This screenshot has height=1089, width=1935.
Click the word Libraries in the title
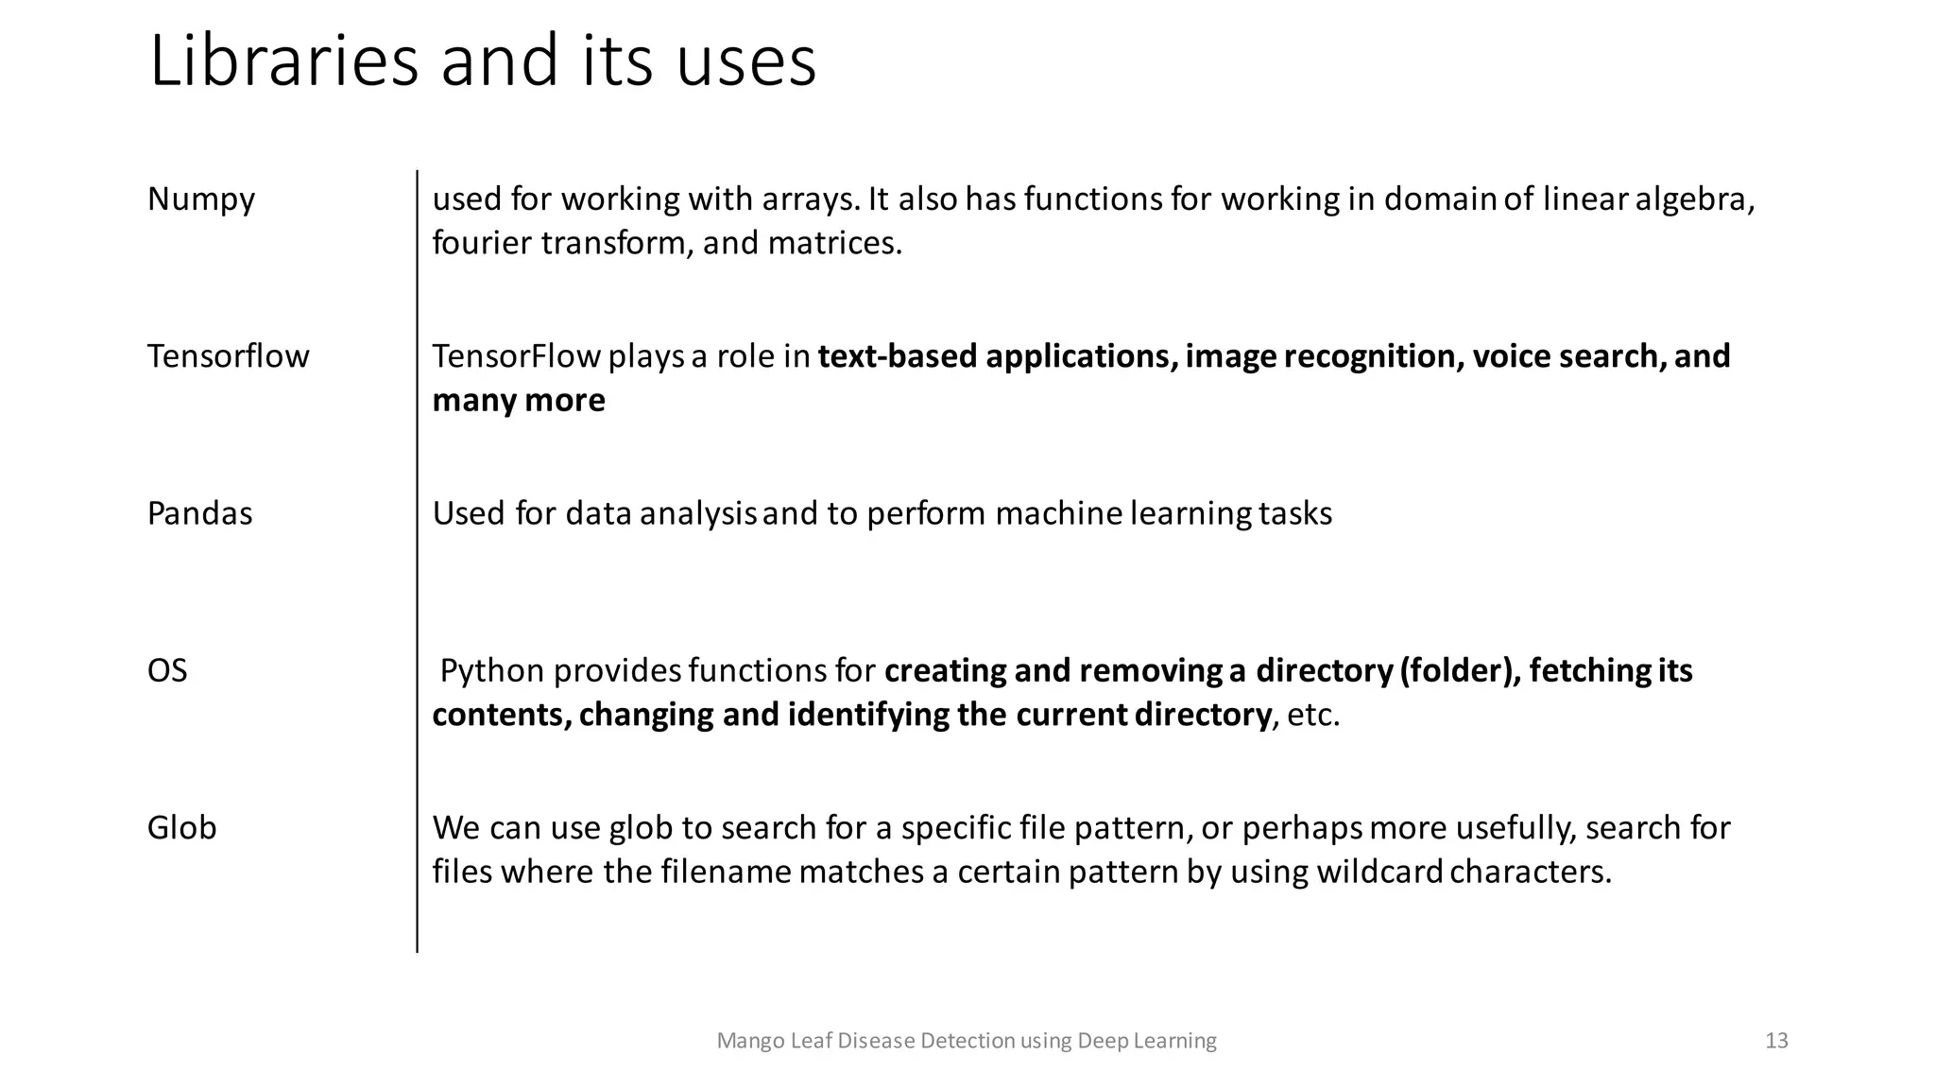click(x=283, y=61)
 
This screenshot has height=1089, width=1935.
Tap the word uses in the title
click(x=745, y=61)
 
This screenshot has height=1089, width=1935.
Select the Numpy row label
click(x=201, y=199)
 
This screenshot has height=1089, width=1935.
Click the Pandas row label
click(x=199, y=513)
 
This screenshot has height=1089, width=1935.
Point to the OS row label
click(x=167, y=670)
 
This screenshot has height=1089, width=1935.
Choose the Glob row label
click(x=181, y=827)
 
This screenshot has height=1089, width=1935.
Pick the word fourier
click(x=482, y=243)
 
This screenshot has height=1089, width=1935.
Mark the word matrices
click(x=834, y=243)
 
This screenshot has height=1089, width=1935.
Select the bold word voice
click(x=1512, y=356)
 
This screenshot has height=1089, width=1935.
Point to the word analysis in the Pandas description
click(x=698, y=513)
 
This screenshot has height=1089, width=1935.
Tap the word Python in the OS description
click(x=492, y=670)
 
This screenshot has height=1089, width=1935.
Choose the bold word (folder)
click(x=1460, y=670)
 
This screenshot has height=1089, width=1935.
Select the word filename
click(x=726, y=871)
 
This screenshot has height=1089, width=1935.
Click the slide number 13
click(x=1776, y=1041)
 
